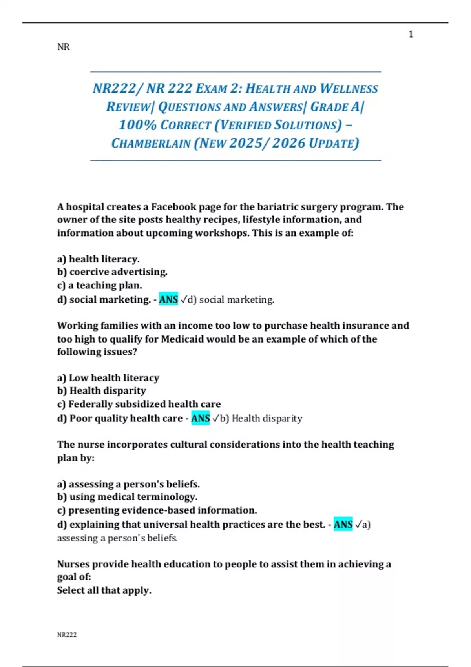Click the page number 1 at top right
pos(411,35)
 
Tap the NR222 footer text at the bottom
pos(67,635)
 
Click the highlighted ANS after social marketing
pos(168,299)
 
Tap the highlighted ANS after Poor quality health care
pos(201,418)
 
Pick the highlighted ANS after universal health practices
pos(343,525)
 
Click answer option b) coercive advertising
pos(112,272)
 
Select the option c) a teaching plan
pos(100,285)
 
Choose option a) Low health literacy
pos(108,378)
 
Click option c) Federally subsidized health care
pos(139,404)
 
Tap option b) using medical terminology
pos(127,497)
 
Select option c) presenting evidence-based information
pos(157,510)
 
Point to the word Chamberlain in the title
pos(151,143)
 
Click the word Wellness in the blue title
pos(349,89)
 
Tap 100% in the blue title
pos(138,125)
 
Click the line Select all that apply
pos(104,590)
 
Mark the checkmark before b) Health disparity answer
pos(215,419)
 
